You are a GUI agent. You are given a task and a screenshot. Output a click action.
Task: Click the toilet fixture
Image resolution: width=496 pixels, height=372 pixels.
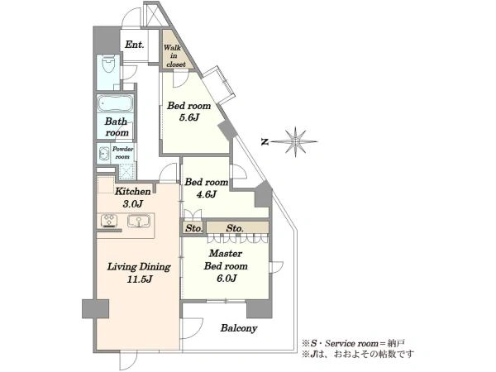pos(108,64)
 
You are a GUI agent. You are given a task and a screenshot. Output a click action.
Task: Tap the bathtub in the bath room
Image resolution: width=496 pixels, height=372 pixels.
pos(115,103)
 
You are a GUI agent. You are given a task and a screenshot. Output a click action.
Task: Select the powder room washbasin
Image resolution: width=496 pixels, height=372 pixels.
pos(103,154)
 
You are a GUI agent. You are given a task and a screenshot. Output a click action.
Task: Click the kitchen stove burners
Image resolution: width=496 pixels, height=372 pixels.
pos(109,220)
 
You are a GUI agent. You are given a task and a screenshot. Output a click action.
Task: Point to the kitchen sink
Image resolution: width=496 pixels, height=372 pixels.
pos(139,221)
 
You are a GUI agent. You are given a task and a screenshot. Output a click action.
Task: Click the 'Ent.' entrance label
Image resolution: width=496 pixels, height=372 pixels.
pos(135,45)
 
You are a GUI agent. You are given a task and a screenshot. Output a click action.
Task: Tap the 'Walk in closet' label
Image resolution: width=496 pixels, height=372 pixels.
pos(174,55)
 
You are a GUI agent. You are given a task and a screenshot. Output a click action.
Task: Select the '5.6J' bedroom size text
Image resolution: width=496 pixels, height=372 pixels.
pos(189,117)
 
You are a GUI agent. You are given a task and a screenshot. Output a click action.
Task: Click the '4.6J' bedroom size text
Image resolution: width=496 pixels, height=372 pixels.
pos(206,194)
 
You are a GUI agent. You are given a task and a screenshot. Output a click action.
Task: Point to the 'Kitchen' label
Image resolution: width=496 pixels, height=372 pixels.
pos(132,192)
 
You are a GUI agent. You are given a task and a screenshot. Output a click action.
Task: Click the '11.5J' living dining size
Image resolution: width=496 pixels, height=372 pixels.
pos(140,279)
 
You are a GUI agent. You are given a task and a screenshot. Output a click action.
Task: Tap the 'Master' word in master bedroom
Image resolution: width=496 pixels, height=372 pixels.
pos(226,254)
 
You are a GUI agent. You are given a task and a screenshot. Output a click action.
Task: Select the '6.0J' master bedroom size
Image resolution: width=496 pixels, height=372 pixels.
pos(227,278)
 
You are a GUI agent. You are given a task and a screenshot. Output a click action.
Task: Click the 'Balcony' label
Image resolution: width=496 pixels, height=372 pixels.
pos(239,328)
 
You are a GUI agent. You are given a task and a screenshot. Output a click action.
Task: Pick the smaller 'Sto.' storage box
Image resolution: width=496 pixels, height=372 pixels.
pos(193,228)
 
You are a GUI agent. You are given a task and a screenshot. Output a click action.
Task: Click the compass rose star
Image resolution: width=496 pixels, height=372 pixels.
pos(295,142)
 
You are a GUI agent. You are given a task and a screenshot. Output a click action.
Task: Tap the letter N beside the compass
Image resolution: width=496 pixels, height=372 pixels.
pos(265,142)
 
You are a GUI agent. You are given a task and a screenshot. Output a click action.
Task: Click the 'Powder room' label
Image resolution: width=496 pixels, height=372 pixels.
pos(122,153)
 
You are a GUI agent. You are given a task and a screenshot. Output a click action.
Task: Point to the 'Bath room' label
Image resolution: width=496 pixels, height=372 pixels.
pos(117,126)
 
